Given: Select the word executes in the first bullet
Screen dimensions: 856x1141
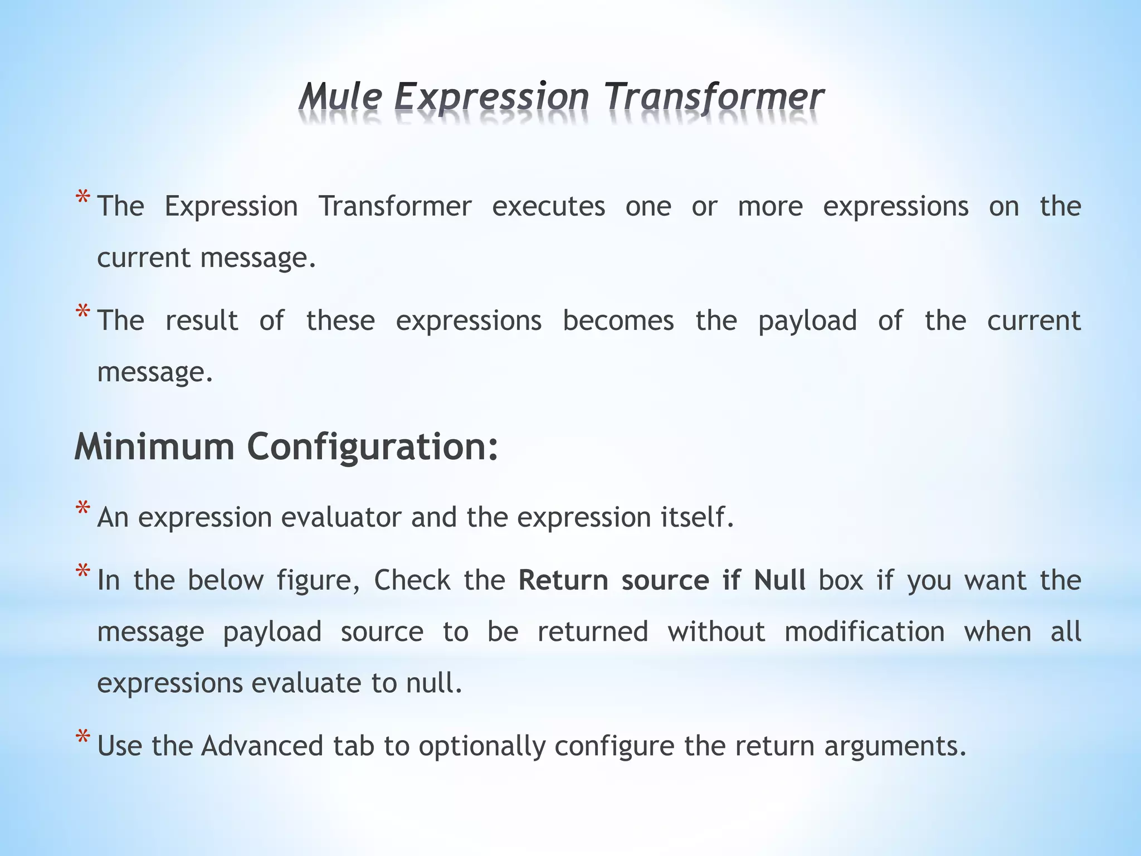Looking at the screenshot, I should (x=548, y=207).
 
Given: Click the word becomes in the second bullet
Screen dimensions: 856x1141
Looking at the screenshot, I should (x=618, y=320).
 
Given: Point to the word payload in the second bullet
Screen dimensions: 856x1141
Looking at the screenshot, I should (x=807, y=322).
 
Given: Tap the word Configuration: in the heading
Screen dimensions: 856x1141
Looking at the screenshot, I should (x=372, y=448).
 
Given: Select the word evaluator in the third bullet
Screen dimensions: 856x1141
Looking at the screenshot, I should (x=341, y=517).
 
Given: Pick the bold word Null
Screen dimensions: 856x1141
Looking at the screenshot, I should (x=779, y=580).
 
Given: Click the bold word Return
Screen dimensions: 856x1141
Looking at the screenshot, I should (x=563, y=580).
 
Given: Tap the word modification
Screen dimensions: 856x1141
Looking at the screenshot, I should (x=865, y=632).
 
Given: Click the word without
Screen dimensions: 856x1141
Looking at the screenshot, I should (x=716, y=632).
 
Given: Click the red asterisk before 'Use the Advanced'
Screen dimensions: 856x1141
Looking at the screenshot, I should (x=82, y=738).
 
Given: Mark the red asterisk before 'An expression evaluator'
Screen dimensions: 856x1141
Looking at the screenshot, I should (x=82, y=509).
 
